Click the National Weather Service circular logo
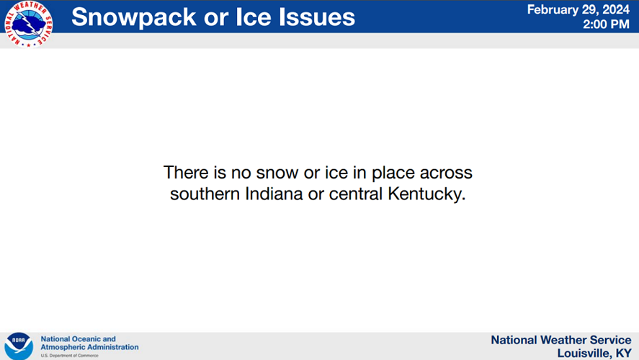(x=29, y=24)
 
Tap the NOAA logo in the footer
(x=19, y=346)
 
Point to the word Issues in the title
(x=317, y=17)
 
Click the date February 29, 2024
(x=578, y=9)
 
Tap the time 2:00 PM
(x=606, y=24)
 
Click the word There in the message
(x=186, y=172)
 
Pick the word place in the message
(x=393, y=173)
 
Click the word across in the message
(x=446, y=173)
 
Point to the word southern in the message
(x=205, y=194)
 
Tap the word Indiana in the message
(x=274, y=194)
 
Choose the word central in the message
(x=356, y=194)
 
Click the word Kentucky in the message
(x=426, y=194)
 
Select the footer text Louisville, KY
(x=594, y=353)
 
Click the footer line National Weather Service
(x=561, y=340)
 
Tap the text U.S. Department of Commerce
(x=69, y=356)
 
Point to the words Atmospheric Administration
(x=89, y=347)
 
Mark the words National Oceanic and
(x=79, y=339)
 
